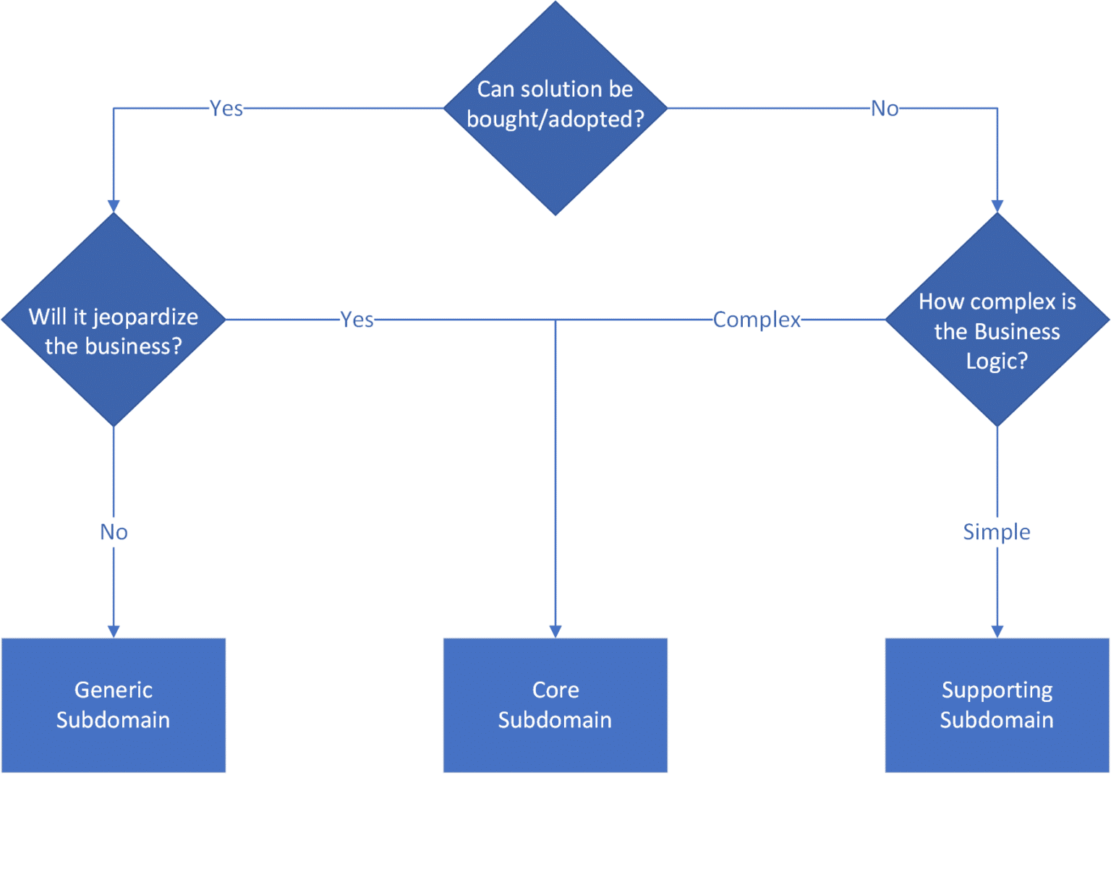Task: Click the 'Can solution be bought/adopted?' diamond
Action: (x=555, y=108)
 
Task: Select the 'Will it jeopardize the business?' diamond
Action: (x=114, y=320)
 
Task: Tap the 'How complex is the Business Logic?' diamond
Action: (x=997, y=320)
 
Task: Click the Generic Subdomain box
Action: (x=114, y=705)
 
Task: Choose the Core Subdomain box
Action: (x=555, y=705)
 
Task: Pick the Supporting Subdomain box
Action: (x=997, y=705)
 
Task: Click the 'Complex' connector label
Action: (x=757, y=320)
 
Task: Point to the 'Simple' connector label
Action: (x=997, y=532)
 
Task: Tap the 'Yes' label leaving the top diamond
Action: (x=226, y=108)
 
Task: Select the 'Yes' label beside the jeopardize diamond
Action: (x=357, y=320)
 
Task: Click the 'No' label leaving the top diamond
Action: (x=885, y=108)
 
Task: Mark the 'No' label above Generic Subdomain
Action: (x=114, y=532)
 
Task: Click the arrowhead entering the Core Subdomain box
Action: (x=555, y=631)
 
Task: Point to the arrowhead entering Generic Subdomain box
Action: (x=114, y=631)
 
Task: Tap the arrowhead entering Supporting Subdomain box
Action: (x=997, y=631)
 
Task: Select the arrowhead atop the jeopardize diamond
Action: (x=114, y=206)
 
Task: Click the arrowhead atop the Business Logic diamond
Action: (x=997, y=206)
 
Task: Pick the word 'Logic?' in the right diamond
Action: (x=997, y=361)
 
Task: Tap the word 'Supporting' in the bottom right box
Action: (x=997, y=690)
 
